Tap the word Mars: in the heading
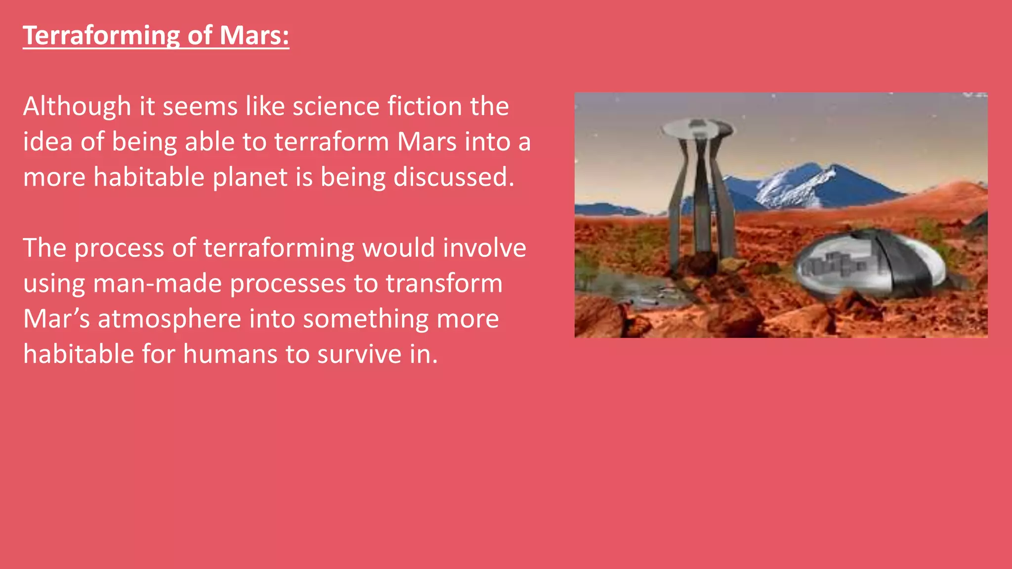(x=254, y=36)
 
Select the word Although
(x=77, y=107)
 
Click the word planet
(x=250, y=177)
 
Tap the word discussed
(x=453, y=177)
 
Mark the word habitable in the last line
(x=79, y=355)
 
